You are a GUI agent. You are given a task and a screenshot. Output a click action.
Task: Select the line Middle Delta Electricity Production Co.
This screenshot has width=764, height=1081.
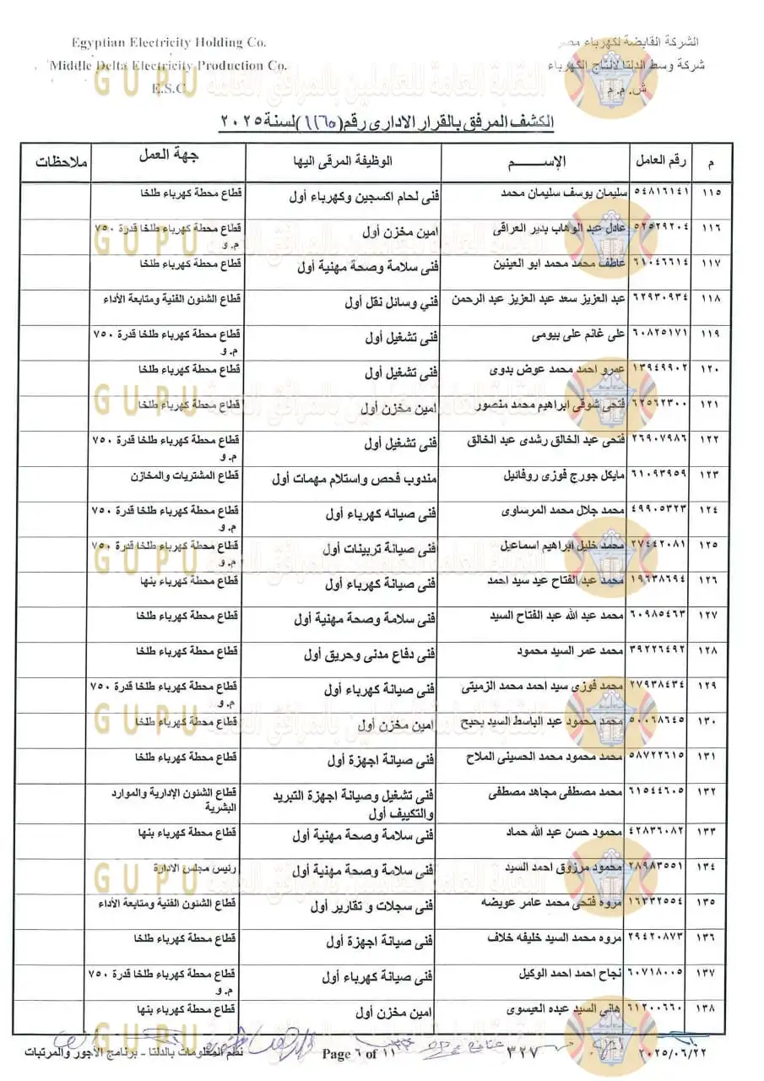coord(167,65)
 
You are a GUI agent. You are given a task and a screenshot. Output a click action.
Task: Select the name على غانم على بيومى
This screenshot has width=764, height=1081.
coord(581,335)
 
